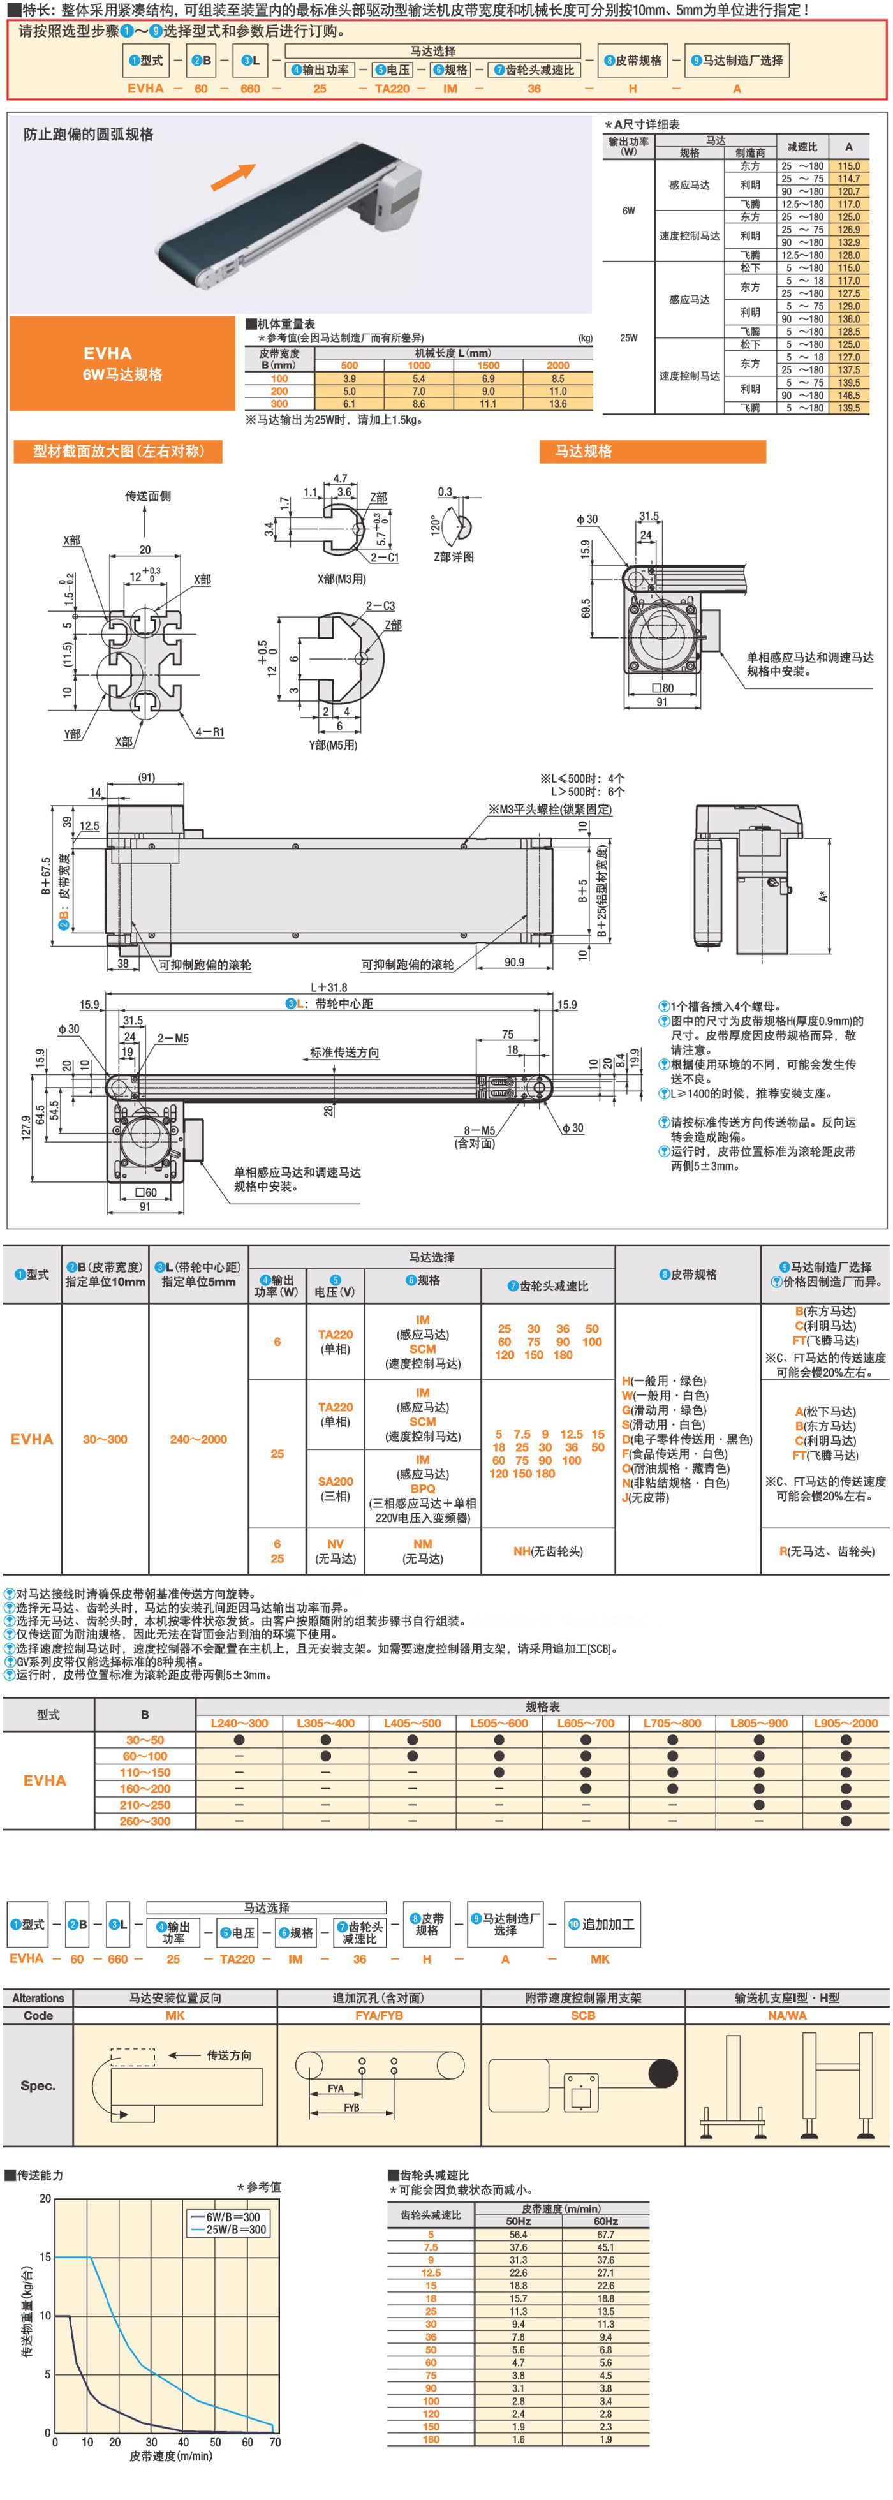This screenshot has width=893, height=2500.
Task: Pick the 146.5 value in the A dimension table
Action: [848, 395]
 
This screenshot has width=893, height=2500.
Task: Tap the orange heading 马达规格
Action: [584, 451]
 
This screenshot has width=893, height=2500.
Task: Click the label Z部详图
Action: [454, 557]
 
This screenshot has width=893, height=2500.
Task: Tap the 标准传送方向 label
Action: [344, 1052]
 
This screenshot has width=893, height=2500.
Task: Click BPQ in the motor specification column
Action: [422, 1489]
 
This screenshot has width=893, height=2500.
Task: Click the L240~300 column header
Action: [239, 1724]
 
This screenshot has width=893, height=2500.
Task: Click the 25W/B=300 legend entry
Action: [236, 2230]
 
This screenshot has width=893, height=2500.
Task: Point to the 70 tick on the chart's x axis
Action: [275, 2443]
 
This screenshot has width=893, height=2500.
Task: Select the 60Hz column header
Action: [605, 2221]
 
